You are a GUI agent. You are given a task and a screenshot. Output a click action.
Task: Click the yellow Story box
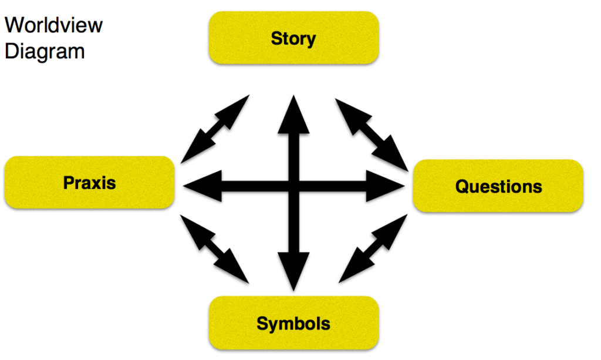293,38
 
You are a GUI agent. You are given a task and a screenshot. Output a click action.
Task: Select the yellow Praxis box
89,182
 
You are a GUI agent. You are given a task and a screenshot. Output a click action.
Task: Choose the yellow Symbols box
293,323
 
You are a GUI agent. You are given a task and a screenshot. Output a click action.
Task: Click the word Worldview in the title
53,25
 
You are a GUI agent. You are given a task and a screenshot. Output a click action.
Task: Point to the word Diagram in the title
45,51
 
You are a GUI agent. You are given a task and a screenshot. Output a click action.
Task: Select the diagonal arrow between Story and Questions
372,133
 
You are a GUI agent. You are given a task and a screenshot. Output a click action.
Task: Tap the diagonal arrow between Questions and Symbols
373,247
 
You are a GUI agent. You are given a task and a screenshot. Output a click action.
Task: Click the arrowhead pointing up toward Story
293,112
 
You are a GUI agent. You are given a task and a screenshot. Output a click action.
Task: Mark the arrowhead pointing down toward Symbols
293,273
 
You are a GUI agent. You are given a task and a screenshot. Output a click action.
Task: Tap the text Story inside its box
293,39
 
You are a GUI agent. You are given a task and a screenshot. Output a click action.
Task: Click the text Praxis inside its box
89,183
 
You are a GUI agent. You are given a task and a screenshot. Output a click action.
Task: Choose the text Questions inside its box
498,187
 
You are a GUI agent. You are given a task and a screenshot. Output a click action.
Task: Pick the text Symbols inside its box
293,324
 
